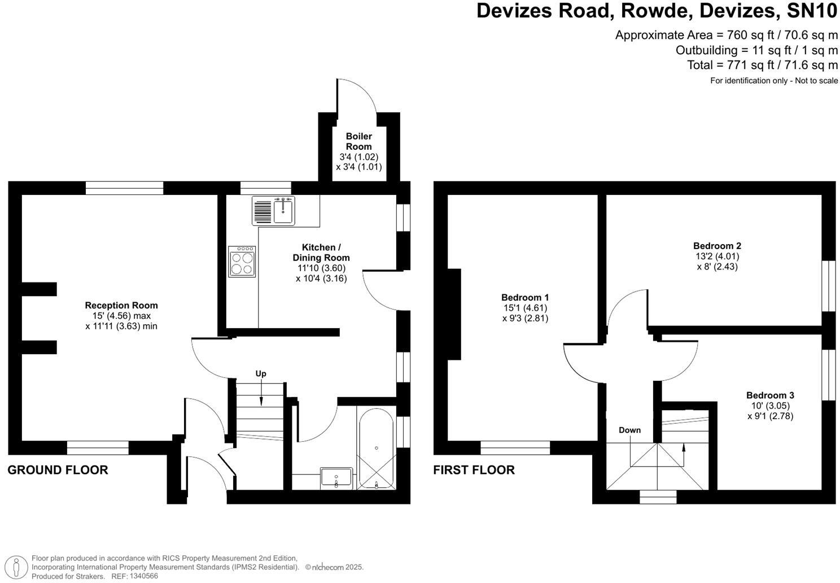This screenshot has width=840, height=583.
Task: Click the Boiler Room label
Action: (359, 141)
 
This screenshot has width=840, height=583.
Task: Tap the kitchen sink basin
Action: (283, 211)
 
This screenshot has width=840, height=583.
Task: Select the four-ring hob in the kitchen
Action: (242, 262)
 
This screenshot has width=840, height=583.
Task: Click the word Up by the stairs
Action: (261, 373)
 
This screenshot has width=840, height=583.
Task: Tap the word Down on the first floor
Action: (629, 430)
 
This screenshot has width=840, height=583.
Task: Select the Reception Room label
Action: (121, 306)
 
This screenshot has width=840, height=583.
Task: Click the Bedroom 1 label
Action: (525, 297)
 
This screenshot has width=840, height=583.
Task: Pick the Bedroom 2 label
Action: (717, 246)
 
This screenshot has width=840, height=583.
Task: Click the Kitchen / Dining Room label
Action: (321, 253)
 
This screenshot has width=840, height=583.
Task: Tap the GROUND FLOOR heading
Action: (58, 470)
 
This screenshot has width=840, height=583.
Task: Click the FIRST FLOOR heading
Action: (474, 470)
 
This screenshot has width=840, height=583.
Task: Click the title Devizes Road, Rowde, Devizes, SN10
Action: (657, 11)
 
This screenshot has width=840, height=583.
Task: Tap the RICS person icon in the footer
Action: (19, 567)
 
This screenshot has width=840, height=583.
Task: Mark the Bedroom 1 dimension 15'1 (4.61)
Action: (525, 308)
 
